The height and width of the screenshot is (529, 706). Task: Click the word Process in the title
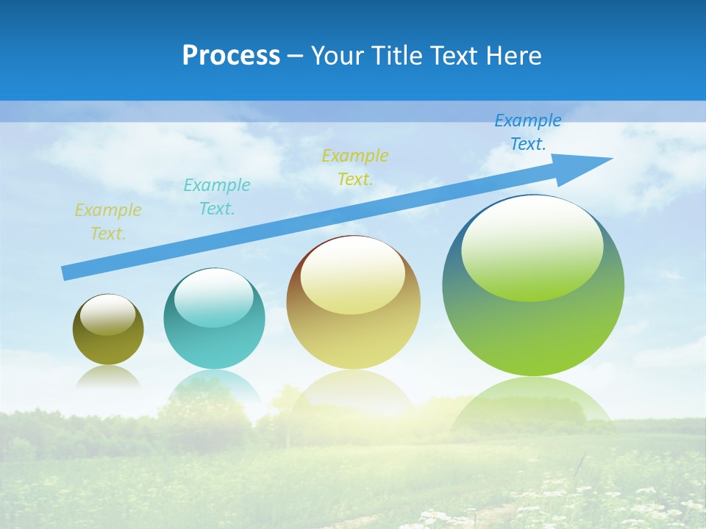[x=231, y=56]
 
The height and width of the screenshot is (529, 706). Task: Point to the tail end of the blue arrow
[x=68, y=273]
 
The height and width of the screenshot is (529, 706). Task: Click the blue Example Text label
[x=528, y=132]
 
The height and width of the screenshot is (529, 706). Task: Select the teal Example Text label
[x=217, y=197]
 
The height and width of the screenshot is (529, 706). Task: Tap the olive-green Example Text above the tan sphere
[x=355, y=168]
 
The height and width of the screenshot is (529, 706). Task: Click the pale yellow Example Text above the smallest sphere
[x=108, y=222]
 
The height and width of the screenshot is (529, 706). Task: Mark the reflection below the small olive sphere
[x=108, y=377]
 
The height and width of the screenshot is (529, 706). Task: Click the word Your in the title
[x=334, y=56]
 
